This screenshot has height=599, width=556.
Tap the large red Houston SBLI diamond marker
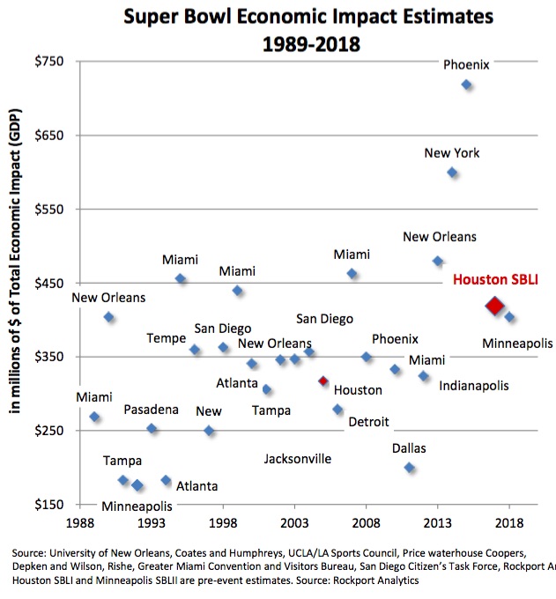tap(494, 306)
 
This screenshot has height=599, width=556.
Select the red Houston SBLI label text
tap(494, 280)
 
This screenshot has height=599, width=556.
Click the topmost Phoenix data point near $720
tap(467, 85)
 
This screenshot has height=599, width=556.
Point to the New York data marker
tap(452, 173)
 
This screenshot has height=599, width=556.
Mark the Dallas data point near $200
tap(409, 468)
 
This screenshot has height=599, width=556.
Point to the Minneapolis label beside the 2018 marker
tap(516, 344)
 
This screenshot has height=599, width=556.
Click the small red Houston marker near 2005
tap(323, 381)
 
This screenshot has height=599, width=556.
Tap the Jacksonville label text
tap(298, 459)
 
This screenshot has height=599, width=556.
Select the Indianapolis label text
tap(473, 386)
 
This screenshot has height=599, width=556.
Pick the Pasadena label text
tap(151, 410)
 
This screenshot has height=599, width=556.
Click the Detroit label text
tap(368, 422)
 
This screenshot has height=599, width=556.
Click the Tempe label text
tap(166, 339)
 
